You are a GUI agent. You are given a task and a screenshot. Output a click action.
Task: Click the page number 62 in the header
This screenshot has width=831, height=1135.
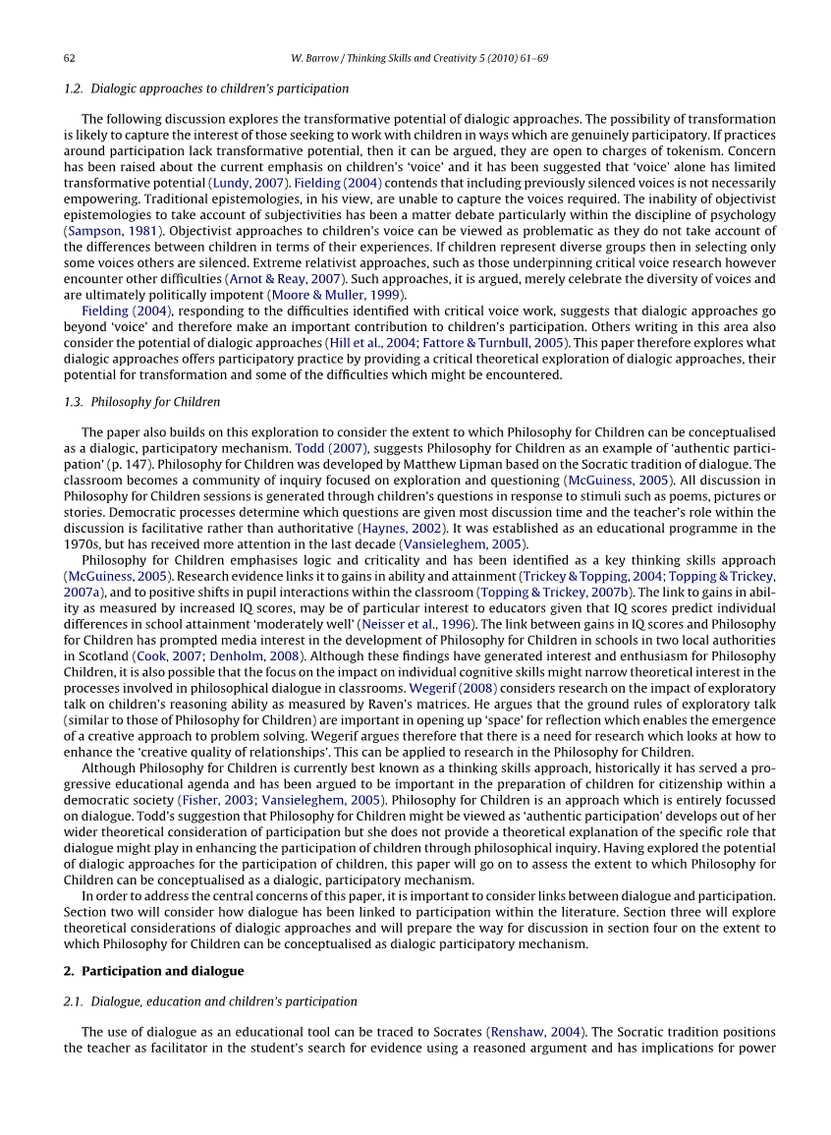(70, 59)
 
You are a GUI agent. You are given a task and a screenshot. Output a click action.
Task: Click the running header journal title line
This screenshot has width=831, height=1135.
(419, 59)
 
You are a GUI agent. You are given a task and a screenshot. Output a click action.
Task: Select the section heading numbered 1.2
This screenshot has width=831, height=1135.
(205, 88)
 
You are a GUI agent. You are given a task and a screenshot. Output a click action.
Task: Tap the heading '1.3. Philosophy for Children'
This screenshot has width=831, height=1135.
(141, 402)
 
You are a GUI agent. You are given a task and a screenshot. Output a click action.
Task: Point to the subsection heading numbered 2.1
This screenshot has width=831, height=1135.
(210, 1001)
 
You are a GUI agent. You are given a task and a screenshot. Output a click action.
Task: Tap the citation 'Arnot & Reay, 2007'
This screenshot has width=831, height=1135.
(281, 278)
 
